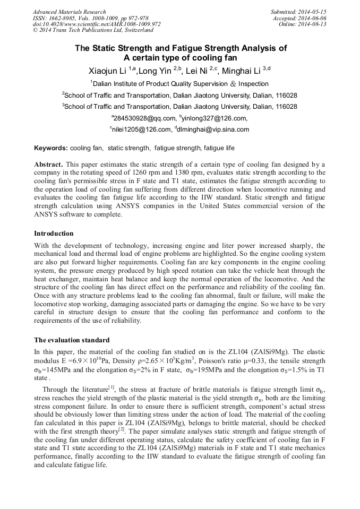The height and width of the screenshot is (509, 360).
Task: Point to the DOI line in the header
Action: tap(97, 24)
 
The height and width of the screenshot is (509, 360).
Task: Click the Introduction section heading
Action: tap(54, 233)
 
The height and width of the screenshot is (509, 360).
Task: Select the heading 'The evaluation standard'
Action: tap(72, 340)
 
